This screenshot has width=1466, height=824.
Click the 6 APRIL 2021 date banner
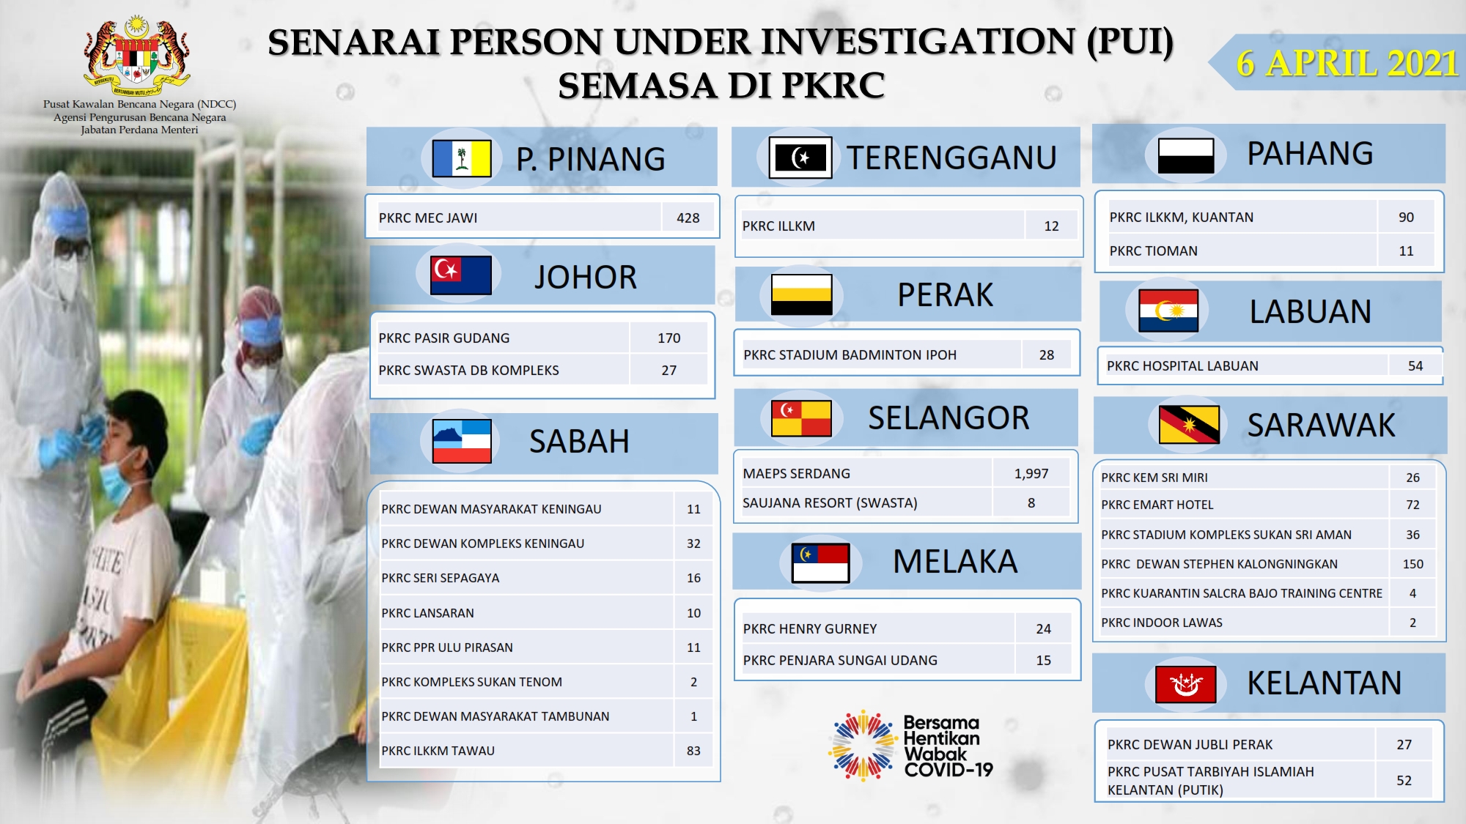1338,62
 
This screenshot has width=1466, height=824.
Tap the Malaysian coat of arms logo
137,56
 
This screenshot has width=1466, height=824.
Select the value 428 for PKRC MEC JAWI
688,218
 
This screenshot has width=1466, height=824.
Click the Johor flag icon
461,275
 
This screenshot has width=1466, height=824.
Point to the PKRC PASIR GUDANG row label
443,338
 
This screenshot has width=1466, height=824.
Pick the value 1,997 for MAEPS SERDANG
1031,473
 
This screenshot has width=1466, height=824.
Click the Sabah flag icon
462,441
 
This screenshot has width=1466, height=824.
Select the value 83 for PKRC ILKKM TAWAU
693,751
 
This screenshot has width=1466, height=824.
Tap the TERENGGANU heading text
951,157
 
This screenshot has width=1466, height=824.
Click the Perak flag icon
801,294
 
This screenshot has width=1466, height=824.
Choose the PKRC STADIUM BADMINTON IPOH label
850,355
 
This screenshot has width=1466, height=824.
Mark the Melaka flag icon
821,563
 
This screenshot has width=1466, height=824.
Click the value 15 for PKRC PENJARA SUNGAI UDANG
1044,660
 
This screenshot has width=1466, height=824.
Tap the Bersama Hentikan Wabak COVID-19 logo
911,746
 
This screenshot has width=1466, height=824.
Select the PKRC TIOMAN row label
1153,250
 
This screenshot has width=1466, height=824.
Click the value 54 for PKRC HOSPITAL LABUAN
1415,365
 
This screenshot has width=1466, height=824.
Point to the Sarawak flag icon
1189,425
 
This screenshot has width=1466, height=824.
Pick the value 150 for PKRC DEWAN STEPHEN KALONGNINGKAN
1412,564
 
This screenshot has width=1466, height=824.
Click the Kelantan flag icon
1185,684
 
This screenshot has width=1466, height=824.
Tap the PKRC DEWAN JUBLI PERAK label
1190,744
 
